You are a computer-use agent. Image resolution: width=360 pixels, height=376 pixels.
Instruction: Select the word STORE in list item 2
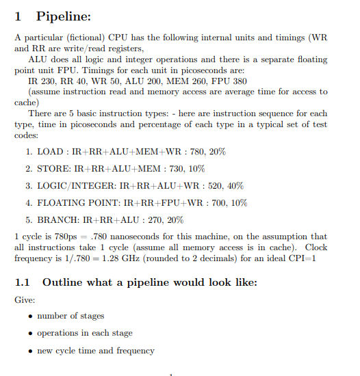[x=50, y=168]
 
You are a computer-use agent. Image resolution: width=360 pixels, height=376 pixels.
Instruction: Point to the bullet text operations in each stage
[x=84, y=333]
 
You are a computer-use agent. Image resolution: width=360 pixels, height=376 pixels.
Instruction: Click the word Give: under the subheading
[x=25, y=299]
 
